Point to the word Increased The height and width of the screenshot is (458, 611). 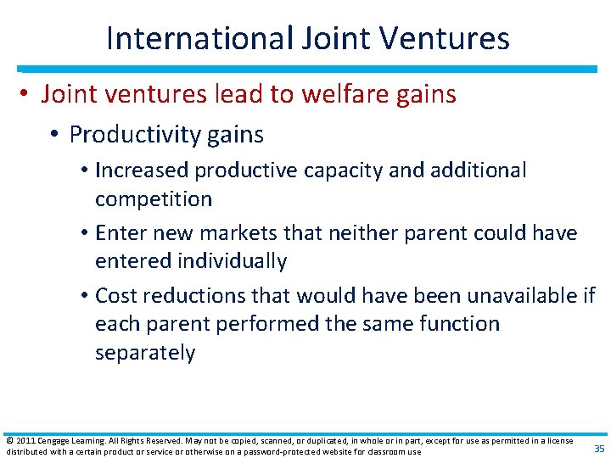coord(142,170)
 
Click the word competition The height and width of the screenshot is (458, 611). coord(153,199)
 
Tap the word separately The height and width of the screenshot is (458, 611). coord(145,353)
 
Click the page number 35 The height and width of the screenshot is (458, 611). coord(598,449)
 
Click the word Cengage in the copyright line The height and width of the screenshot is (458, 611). coord(56,441)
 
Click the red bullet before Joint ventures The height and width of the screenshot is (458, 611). coord(26,95)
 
